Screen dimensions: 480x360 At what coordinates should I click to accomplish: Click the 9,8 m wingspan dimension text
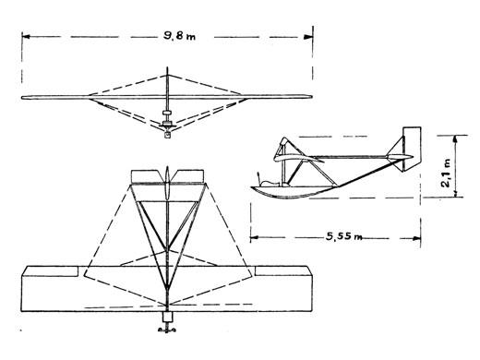[179, 36]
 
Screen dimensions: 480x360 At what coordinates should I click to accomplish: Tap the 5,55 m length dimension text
[343, 236]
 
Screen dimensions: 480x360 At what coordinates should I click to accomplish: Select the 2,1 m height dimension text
[446, 173]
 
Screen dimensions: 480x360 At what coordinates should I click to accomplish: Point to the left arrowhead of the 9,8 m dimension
[26, 37]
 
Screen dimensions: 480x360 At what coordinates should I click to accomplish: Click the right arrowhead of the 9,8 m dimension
[308, 37]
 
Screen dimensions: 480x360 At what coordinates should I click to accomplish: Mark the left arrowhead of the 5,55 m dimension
[254, 237]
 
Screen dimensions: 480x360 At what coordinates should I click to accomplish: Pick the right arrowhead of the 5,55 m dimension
[416, 238]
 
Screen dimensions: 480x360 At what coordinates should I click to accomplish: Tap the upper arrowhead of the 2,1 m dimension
[456, 138]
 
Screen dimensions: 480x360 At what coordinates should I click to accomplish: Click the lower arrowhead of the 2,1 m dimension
[456, 193]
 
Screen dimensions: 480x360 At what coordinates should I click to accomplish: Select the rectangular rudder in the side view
[412, 149]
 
